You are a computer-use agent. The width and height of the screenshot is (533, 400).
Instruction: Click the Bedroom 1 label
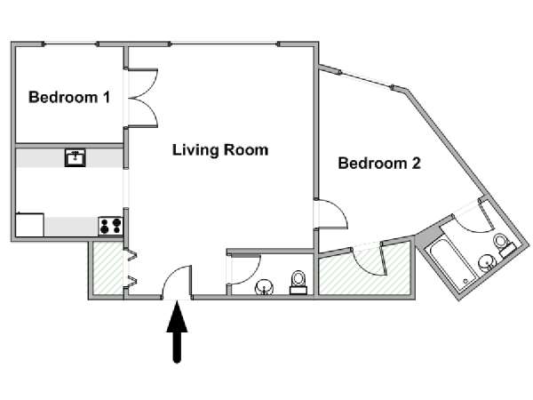69,97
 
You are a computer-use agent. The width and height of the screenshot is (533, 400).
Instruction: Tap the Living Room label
220,150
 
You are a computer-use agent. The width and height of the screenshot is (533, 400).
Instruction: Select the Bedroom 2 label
379,164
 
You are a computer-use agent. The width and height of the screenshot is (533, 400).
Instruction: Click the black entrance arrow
177,332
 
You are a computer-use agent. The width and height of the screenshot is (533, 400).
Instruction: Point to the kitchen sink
76,158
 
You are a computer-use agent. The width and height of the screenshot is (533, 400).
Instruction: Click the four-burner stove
110,226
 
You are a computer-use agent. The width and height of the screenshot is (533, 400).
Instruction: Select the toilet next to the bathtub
503,244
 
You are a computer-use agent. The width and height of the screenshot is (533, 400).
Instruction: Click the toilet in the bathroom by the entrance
298,282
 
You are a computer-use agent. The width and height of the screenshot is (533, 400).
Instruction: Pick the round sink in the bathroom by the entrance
264,287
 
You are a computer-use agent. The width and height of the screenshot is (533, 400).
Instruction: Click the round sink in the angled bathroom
486,263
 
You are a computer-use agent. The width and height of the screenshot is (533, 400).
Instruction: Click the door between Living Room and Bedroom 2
330,214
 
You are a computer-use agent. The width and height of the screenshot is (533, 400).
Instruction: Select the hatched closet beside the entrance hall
108,268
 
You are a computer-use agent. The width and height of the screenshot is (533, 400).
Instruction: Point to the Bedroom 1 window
70,44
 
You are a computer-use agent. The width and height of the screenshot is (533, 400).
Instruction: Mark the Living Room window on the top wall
225,44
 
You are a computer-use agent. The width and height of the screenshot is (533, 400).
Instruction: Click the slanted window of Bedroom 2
366,80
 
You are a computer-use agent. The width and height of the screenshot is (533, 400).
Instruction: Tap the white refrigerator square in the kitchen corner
30,225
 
